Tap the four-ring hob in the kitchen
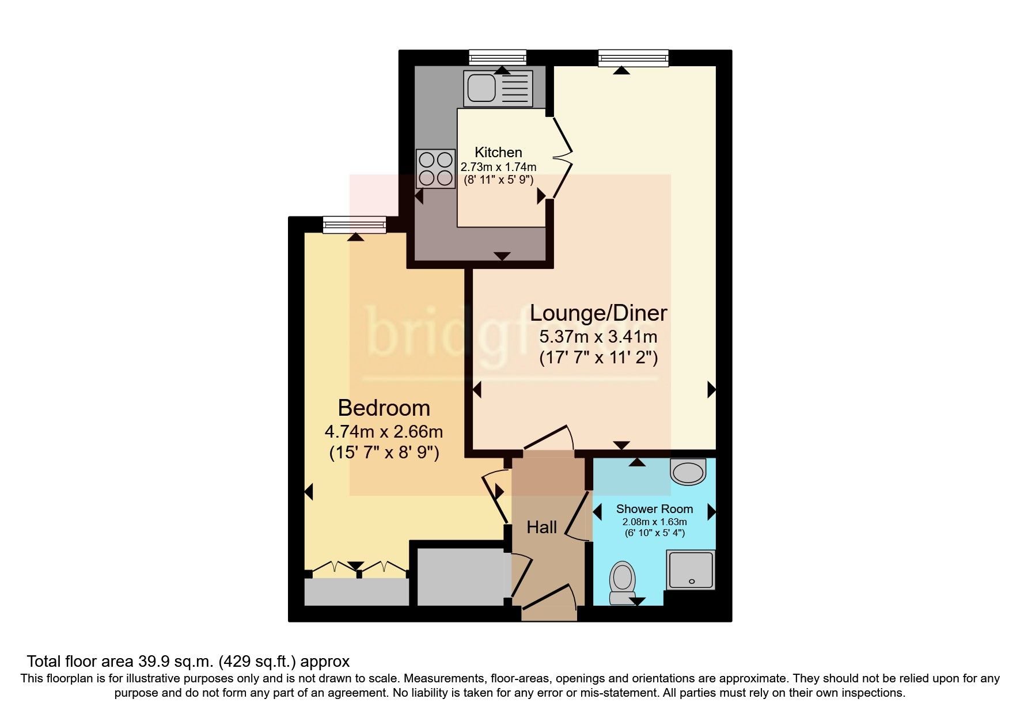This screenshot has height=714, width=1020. click(x=435, y=168)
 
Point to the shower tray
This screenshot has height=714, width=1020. click(x=691, y=569)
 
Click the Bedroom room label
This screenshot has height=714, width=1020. click(x=384, y=408)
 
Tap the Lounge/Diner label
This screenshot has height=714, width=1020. click(x=598, y=313)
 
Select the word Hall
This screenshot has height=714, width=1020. click(x=541, y=527)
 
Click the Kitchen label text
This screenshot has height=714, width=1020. click(x=498, y=153)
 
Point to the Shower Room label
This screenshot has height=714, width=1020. click(x=654, y=509)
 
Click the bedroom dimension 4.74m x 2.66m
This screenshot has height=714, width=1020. click(x=384, y=431)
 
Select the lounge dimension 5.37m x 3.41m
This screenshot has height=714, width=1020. click(x=598, y=337)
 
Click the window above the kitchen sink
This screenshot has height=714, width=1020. click(x=498, y=58)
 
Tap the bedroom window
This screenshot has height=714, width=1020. click(x=354, y=224)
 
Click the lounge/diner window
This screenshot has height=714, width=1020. click(x=633, y=58)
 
